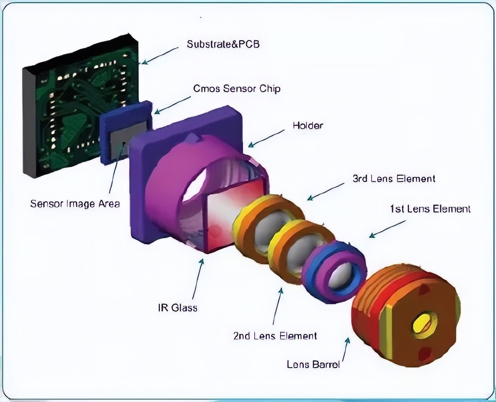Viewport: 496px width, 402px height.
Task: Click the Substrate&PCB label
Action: pos(223,44)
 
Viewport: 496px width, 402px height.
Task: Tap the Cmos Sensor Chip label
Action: pos(236,88)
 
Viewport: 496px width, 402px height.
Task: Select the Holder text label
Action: pos(307,125)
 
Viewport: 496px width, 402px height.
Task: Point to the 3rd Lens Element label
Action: pos(393,179)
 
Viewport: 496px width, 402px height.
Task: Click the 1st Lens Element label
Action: pos(430,209)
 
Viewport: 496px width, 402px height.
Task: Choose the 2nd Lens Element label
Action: pos(275,336)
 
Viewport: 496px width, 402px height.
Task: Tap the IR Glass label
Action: pos(177,307)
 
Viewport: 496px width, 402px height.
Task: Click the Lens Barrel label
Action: pos(313,364)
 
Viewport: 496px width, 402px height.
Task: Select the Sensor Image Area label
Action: pos(75,204)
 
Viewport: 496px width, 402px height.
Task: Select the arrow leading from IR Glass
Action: pos(198,279)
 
